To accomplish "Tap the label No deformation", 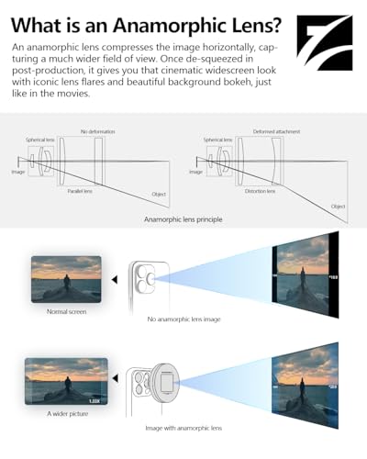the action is (x=100, y=131).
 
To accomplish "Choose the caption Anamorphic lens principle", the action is (x=183, y=220).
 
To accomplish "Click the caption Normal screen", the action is (x=65, y=311).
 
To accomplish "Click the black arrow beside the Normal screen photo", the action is (x=114, y=279).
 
